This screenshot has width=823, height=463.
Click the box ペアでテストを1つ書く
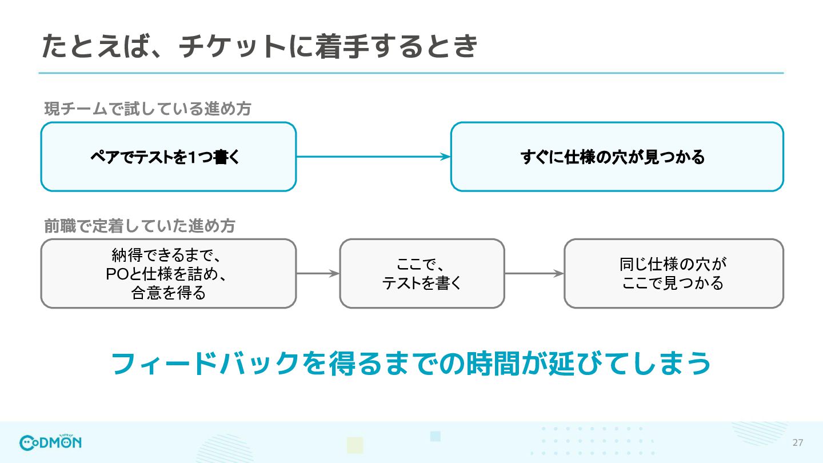click(169, 157)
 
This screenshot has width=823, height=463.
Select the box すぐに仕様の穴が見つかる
click(617, 157)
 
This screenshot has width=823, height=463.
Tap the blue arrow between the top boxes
click(373, 157)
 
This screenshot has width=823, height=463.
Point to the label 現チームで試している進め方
click(147, 109)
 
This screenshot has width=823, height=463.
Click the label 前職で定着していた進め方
click(139, 226)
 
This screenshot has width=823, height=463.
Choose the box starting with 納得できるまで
click(169, 273)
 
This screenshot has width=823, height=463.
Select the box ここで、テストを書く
click(422, 273)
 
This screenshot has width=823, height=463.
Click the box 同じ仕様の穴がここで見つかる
click(674, 273)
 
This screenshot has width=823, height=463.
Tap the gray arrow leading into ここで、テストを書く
click(318, 273)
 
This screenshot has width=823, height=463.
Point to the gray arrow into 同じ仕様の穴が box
click(534, 273)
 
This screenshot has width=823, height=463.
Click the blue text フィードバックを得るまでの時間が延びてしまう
click(411, 364)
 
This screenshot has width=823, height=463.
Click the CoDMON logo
click(50, 442)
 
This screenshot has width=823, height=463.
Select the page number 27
click(798, 443)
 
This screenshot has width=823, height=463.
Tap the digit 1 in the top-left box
click(193, 157)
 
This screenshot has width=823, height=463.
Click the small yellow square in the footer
click(355, 445)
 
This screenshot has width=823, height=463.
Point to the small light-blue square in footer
click(436, 436)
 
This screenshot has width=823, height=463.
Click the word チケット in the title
click(233, 46)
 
